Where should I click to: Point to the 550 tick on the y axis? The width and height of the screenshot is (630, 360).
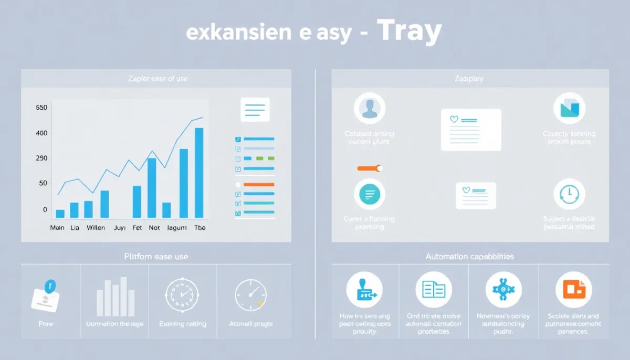(41, 108)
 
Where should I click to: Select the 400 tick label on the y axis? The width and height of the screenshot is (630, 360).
(41, 133)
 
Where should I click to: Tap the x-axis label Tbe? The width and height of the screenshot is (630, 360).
(199, 228)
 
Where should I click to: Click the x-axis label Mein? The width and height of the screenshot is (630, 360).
(57, 228)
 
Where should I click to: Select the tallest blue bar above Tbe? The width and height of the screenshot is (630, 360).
(199, 173)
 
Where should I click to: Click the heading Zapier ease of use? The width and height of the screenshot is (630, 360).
(157, 79)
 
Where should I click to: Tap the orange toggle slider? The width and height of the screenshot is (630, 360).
(370, 168)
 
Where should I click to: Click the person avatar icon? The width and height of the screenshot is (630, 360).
(370, 109)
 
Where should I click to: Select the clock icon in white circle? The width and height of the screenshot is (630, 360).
(569, 194)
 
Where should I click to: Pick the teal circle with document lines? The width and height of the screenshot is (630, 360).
(370, 194)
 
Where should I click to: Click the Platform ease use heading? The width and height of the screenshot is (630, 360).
(156, 257)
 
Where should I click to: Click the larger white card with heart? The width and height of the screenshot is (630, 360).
(471, 130)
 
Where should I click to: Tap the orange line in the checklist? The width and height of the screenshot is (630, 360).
(259, 185)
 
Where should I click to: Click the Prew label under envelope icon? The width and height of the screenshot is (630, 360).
(46, 324)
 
